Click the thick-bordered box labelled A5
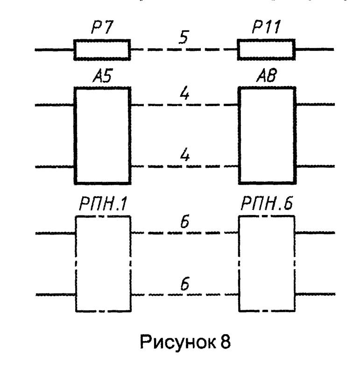click(x=102, y=135)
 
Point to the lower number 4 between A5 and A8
click(x=185, y=156)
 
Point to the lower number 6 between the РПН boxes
click(x=185, y=285)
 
